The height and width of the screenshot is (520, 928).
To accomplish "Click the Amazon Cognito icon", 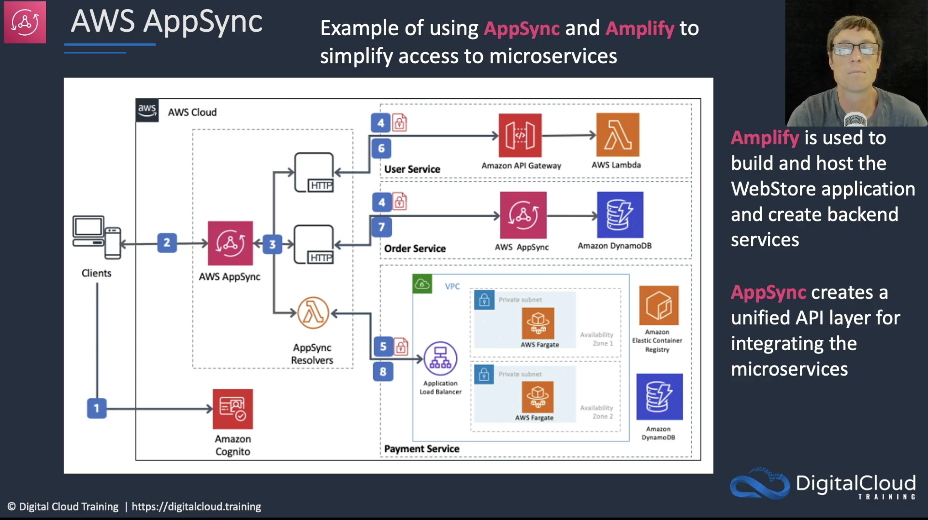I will pyautogui.click(x=233, y=409).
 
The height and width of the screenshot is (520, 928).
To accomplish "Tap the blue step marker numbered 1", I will pyautogui.click(x=97, y=408).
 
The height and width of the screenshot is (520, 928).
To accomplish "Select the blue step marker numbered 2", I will pyautogui.click(x=167, y=243).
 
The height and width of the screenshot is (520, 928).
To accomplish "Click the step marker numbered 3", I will pyautogui.click(x=272, y=244).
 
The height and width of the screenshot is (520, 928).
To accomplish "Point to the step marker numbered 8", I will pyautogui.click(x=383, y=371).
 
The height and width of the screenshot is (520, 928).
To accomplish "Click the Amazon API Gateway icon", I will pyautogui.click(x=520, y=135).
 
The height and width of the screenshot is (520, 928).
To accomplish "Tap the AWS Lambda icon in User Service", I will pyautogui.click(x=618, y=135).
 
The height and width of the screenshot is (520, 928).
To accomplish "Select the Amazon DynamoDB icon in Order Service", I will pyautogui.click(x=620, y=215).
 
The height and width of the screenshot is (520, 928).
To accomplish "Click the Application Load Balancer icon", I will pyautogui.click(x=440, y=358).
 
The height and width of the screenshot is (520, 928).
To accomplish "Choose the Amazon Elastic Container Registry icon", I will pyautogui.click(x=659, y=305).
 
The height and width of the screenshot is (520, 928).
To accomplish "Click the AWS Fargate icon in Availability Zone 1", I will pyautogui.click(x=538, y=323).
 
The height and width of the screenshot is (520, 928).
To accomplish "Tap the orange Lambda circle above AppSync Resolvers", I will pyautogui.click(x=313, y=313).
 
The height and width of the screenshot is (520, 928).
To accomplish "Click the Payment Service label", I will pyautogui.click(x=421, y=449).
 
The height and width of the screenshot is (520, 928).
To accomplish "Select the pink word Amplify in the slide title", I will pyautogui.click(x=640, y=29).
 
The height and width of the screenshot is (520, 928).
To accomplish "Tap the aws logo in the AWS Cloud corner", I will pyautogui.click(x=147, y=110).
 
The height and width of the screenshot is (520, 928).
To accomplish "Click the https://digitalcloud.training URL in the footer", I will pyautogui.click(x=196, y=507).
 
